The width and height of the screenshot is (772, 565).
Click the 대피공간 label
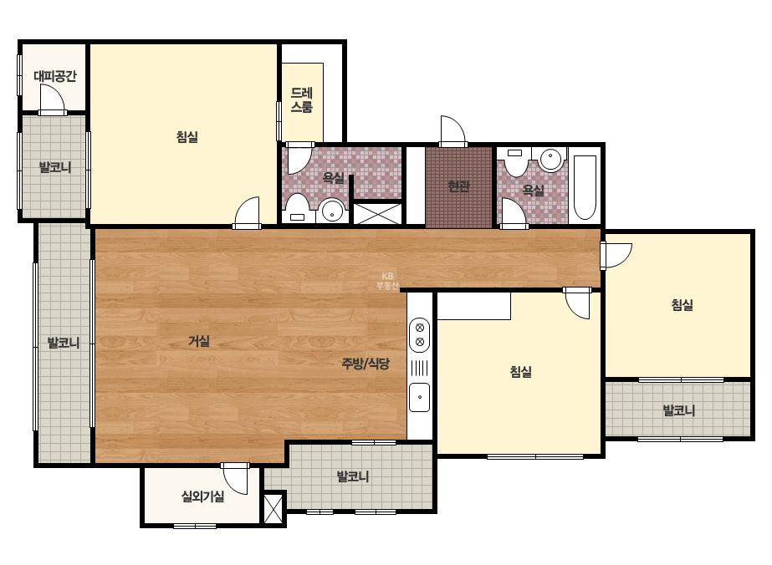pyautogui.click(x=55, y=76)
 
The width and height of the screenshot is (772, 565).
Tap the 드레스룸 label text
pyautogui.click(x=302, y=100)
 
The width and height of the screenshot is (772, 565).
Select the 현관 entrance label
pyautogui.click(x=458, y=186)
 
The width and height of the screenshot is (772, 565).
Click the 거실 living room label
pyautogui.click(x=199, y=340)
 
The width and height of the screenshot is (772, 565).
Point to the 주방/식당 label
pyautogui.click(x=366, y=364)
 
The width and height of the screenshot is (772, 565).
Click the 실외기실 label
pyautogui.click(x=203, y=496)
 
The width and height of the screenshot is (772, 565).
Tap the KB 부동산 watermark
pyautogui.click(x=387, y=281)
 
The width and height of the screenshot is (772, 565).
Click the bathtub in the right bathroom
pyautogui.click(x=585, y=187)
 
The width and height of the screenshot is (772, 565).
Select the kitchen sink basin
pyautogui.click(x=420, y=397)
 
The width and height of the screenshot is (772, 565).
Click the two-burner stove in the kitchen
pyautogui.click(x=420, y=334)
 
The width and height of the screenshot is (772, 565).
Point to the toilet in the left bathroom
pyautogui.click(x=298, y=208)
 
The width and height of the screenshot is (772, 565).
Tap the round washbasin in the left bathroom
pyautogui.click(x=332, y=211)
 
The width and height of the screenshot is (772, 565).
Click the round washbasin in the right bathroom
pyautogui.click(x=551, y=159)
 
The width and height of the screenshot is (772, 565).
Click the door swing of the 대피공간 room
pyautogui.click(x=52, y=99)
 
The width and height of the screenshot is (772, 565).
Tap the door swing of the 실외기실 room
pyautogui.click(x=235, y=479)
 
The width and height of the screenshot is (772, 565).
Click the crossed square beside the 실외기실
pyautogui.click(x=274, y=508)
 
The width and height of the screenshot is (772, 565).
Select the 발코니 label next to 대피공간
pyautogui.click(x=55, y=167)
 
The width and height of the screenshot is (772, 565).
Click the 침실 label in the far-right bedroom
pyautogui.click(x=683, y=304)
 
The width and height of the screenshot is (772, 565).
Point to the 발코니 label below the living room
pyautogui.click(x=352, y=476)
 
